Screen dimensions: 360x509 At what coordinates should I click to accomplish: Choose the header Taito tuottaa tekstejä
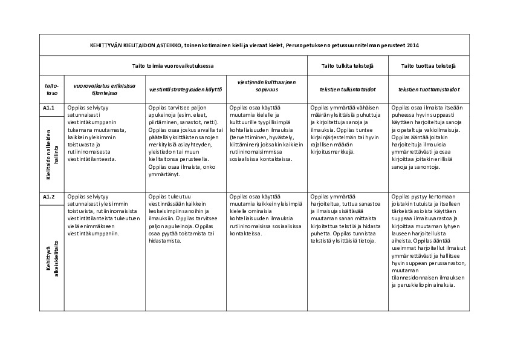pyautogui.click(x=429, y=65)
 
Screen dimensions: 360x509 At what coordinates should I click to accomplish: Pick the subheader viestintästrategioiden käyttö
pyautogui.click(x=186, y=90)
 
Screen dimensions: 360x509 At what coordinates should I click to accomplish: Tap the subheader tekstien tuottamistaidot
pyautogui.click(x=429, y=90)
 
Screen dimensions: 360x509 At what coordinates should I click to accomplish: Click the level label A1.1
pyautogui.click(x=50, y=108)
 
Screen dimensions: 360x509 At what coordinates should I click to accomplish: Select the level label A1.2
pyautogui.click(x=50, y=197)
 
